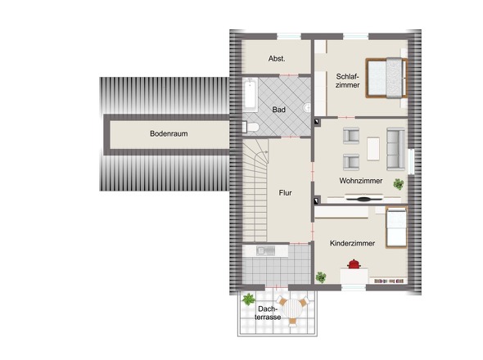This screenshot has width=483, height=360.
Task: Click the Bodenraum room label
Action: (x=169, y=133)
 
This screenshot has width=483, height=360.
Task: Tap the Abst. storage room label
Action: (x=277, y=59)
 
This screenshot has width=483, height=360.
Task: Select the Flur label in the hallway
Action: (x=285, y=193)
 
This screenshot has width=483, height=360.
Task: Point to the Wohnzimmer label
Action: (x=361, y=181)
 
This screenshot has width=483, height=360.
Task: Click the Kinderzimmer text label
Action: (x=352, y=243)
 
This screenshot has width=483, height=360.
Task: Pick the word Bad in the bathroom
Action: (x=279, y=110)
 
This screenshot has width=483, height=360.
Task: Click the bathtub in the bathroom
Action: (x=251, y=95)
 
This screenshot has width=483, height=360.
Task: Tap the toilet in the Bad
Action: (x=251, y=127)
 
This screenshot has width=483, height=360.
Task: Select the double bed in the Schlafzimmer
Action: (x=386, y=78)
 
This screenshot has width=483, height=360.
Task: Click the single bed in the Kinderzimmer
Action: (x=396, y=227)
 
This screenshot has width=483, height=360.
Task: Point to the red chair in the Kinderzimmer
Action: (x=354, y=264)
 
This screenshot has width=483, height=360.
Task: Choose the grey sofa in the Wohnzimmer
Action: (x=396, y=149)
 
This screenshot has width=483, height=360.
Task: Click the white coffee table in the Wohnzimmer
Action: (x=373, y=149)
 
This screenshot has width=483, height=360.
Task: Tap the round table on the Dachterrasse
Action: (x=294, y=309)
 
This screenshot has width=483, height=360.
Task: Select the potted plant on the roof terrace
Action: (x=249, y=299)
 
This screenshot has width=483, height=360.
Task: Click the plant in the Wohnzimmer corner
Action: (x=399, y=184)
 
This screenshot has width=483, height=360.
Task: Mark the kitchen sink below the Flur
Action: (x=265, y=250)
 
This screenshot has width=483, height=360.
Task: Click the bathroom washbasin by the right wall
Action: (x=307, y=108)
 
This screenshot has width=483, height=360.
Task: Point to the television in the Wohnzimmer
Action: (x=363, y=198)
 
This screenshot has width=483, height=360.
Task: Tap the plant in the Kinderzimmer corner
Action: (x=321, y=277)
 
